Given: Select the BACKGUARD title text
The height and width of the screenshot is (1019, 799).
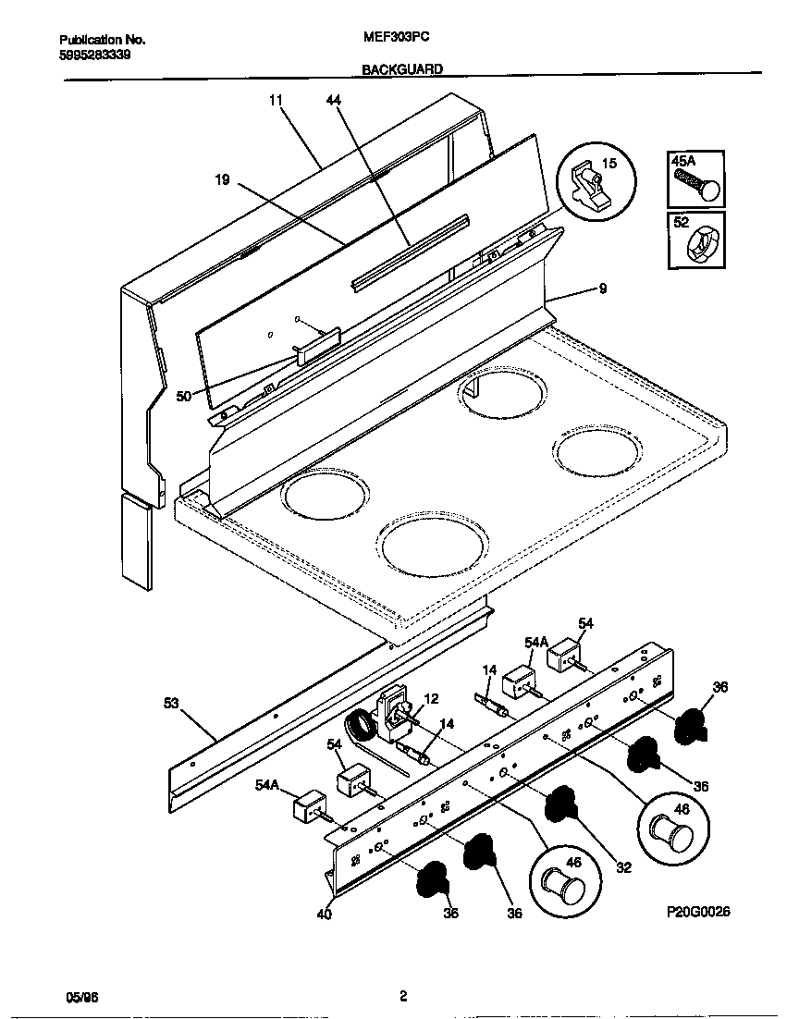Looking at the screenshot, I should [401, 69].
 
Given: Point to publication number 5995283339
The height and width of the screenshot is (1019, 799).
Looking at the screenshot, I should [94, 55].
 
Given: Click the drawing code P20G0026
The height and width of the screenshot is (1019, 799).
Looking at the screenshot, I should [698, 912].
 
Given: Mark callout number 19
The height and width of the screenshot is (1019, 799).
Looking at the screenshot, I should [222, 180].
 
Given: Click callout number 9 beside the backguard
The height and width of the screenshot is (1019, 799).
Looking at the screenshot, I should [603, 289].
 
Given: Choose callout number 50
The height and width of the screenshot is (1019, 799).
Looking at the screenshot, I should [184, 396].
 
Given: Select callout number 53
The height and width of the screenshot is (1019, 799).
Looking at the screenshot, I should [171, 704].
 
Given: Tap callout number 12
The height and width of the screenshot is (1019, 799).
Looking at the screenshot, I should [431, 699].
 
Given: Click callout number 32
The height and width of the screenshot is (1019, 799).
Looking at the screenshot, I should [623, 867].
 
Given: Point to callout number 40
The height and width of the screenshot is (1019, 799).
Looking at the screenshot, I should [324, 915].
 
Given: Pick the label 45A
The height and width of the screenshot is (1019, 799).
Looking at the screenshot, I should [683, 161].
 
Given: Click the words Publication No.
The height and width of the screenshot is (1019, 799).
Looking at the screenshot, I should [103, 41].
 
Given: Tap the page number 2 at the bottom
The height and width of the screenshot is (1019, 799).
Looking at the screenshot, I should [403, 996].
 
